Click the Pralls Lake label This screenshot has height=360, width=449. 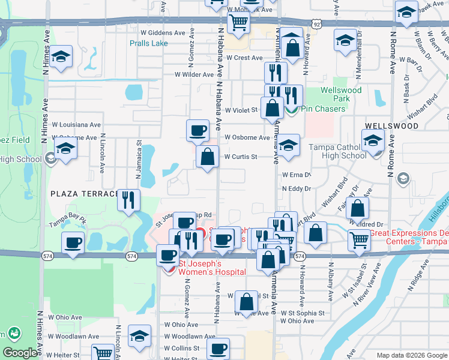coord(149,43)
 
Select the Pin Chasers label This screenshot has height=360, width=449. coord(323,109)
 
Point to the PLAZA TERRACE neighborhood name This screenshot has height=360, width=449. coord(85,194)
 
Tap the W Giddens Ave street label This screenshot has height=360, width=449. coord(163,32)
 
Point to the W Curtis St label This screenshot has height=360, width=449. coord(241,157)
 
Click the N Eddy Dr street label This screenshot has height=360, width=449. coord(297,188)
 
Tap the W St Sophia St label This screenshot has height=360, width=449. coord(303,313)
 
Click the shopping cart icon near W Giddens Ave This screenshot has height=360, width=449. coord(239,23)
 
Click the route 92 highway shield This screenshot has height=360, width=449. coord(317,23)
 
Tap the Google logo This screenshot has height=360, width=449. coord(20,353)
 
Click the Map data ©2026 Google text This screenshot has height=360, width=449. coord(411,355)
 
